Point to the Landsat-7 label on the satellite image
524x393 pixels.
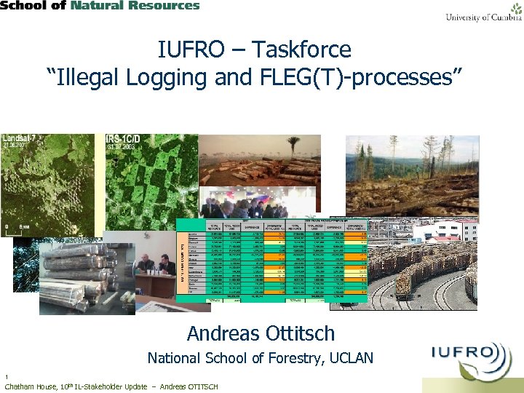tap(22, 138)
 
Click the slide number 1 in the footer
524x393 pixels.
tap(6, 377)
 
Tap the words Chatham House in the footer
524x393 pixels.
tap(29, 386)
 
